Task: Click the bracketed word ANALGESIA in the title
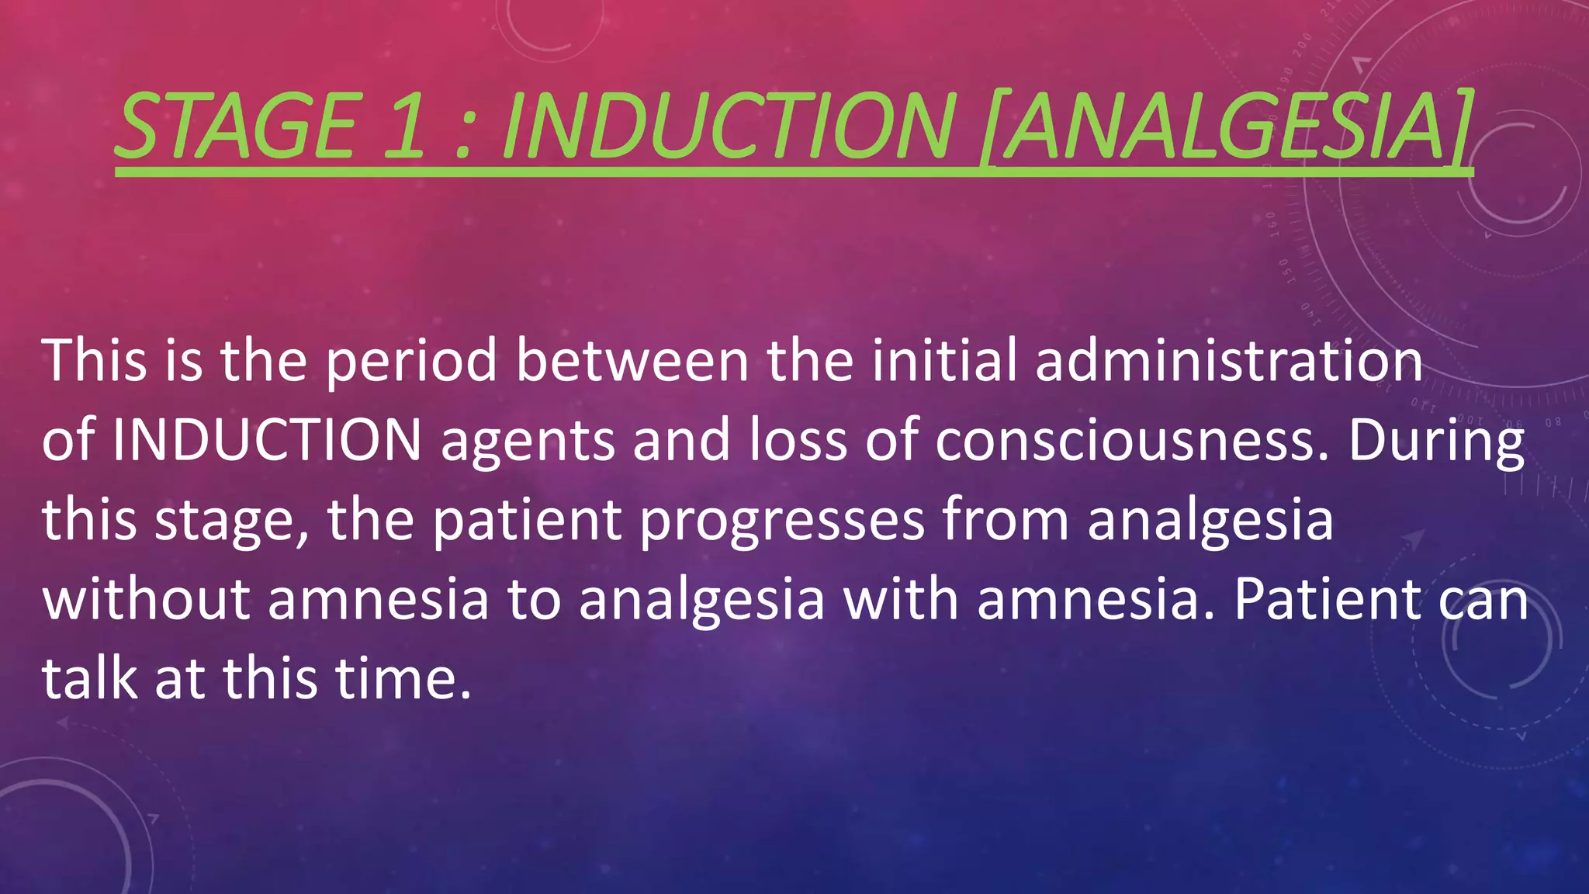[1226, 126]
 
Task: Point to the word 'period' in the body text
[411, 362]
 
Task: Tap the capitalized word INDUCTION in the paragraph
[267, 439]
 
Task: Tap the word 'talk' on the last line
[90, 677]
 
